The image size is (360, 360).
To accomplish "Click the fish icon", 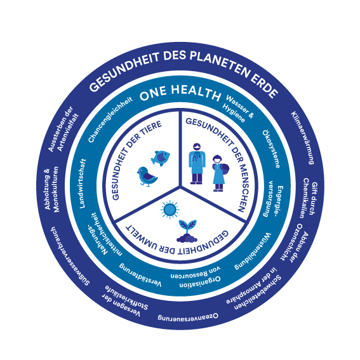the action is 161,158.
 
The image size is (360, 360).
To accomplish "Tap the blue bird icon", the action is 147,177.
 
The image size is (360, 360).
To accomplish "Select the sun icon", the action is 170,210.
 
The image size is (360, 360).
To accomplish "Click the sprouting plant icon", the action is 187,231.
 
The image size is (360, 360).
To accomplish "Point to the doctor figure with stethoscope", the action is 197,163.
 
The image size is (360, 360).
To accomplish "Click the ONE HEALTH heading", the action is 180,93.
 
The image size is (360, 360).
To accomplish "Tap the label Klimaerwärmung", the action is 303,138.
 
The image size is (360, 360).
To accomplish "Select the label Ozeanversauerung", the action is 188,317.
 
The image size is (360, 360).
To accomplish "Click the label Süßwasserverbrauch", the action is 69,257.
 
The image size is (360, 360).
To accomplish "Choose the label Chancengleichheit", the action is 110,119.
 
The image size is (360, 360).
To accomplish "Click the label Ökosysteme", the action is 271,149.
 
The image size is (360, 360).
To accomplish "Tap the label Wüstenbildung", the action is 253,251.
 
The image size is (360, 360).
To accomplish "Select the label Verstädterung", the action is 140,275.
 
